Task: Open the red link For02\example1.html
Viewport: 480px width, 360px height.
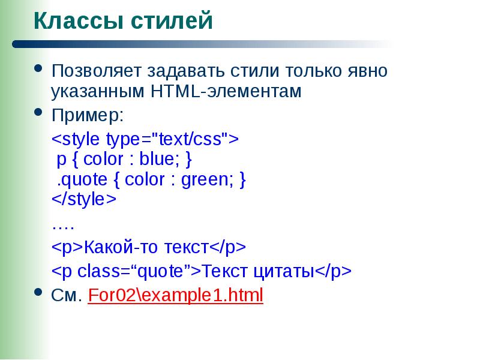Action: point(175,296)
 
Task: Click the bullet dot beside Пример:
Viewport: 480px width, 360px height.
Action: point(40,112)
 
